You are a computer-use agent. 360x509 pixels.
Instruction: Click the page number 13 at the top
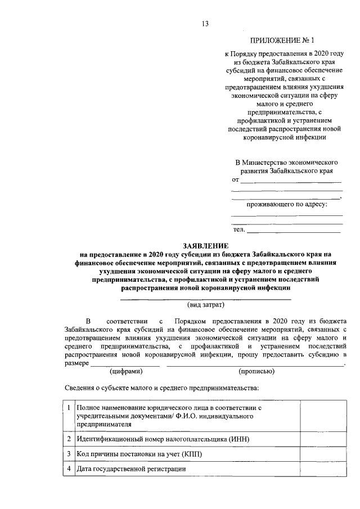205,23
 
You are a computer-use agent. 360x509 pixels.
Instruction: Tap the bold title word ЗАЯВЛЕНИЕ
205,246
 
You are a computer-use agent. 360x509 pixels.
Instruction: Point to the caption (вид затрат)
205,305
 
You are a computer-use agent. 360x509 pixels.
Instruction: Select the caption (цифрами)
126,371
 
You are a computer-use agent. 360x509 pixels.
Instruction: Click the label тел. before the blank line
238,229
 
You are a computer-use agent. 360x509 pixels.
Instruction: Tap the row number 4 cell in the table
68,468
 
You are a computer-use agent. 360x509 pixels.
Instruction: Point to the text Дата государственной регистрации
131,468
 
